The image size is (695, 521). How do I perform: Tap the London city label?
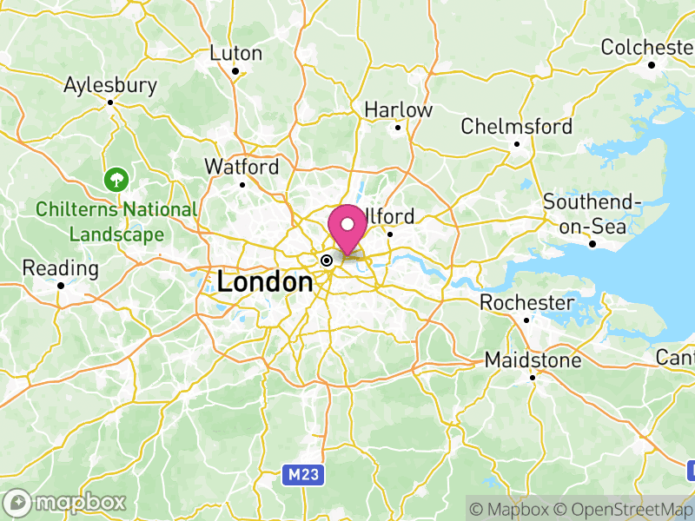(x=265, y=282)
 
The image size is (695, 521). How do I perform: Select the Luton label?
(x=236, y=53)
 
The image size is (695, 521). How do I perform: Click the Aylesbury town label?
(x=110, y=85)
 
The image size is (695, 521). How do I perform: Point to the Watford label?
(x=242, y=166)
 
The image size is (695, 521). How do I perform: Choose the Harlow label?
(x=398, y=110)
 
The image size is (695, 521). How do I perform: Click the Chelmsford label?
(x=517, y=127)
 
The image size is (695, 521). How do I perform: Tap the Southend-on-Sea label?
(x=592, y=213)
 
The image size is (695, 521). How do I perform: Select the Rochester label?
(x=527, y=303)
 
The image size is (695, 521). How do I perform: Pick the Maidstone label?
(x=533, y=359)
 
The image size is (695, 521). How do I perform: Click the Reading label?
(x=60, y=267)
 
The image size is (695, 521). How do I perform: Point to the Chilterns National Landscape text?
(x=116, y=222)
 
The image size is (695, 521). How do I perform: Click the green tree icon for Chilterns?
(x=115, y=180)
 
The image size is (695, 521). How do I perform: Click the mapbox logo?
(x=65, y=503)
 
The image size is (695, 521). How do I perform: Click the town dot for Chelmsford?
(x=517, y=144)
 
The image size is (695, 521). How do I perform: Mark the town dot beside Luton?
(x=235, y=70)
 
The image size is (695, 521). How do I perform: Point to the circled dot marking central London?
(x=327, y=260)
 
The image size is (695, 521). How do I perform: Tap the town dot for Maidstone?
(x=533, y=377)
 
